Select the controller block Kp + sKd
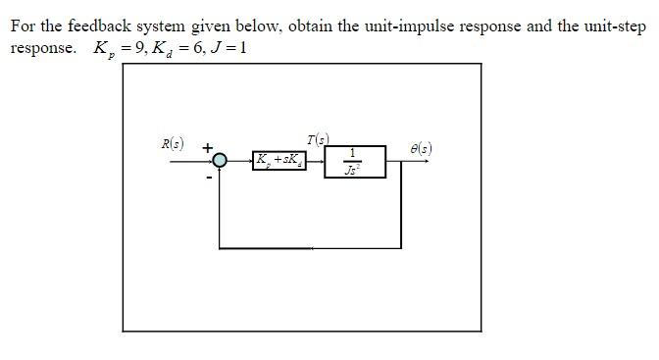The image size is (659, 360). coord(279,160)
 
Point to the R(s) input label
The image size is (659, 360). coord(173,144)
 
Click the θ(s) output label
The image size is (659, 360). coord(421,149)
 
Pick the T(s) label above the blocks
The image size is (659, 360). coord(318,138)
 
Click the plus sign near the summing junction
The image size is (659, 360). coord(208,147)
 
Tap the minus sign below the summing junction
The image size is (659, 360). coord(208,178)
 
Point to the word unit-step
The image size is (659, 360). coord(601,26)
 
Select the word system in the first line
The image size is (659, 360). coord(172,26)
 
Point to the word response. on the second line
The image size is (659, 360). coord(43,48)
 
